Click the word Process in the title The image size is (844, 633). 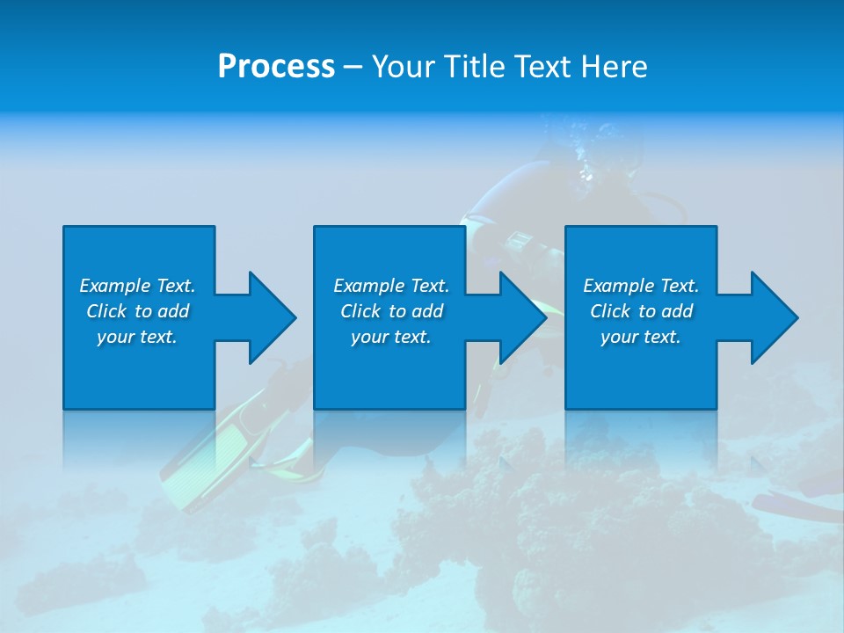click(x=276, y=67)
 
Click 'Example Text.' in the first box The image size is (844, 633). click(x=137, y=286)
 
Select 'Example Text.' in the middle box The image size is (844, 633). click(x=391, y=286)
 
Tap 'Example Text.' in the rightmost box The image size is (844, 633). click(x=641, y=286)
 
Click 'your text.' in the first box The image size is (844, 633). click(x=137, y=337)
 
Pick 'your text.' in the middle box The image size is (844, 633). click(x=391, y=337)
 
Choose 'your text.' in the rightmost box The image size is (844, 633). click(x=641, y=337)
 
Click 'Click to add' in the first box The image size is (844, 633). click(x=137, y=311)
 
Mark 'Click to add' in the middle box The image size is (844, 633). click(x=391, y=311)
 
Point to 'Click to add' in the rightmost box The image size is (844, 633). click(x=641, y=311)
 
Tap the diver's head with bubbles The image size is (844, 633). click(x=598, y=163)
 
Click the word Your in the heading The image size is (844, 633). click(x=402, y=67)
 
